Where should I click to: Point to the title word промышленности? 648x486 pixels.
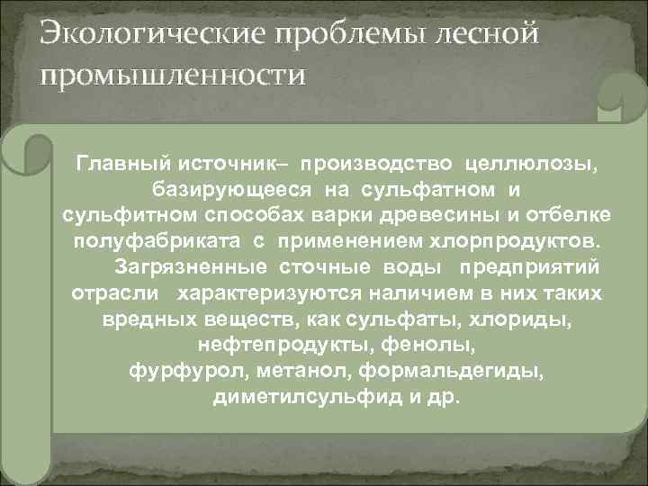click(x=171, y=74)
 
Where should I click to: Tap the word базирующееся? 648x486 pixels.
click(x=231, y=191)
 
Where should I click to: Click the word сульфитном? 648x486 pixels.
click(x=124, y=217)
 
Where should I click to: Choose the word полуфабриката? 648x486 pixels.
click(x=137, y=243)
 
